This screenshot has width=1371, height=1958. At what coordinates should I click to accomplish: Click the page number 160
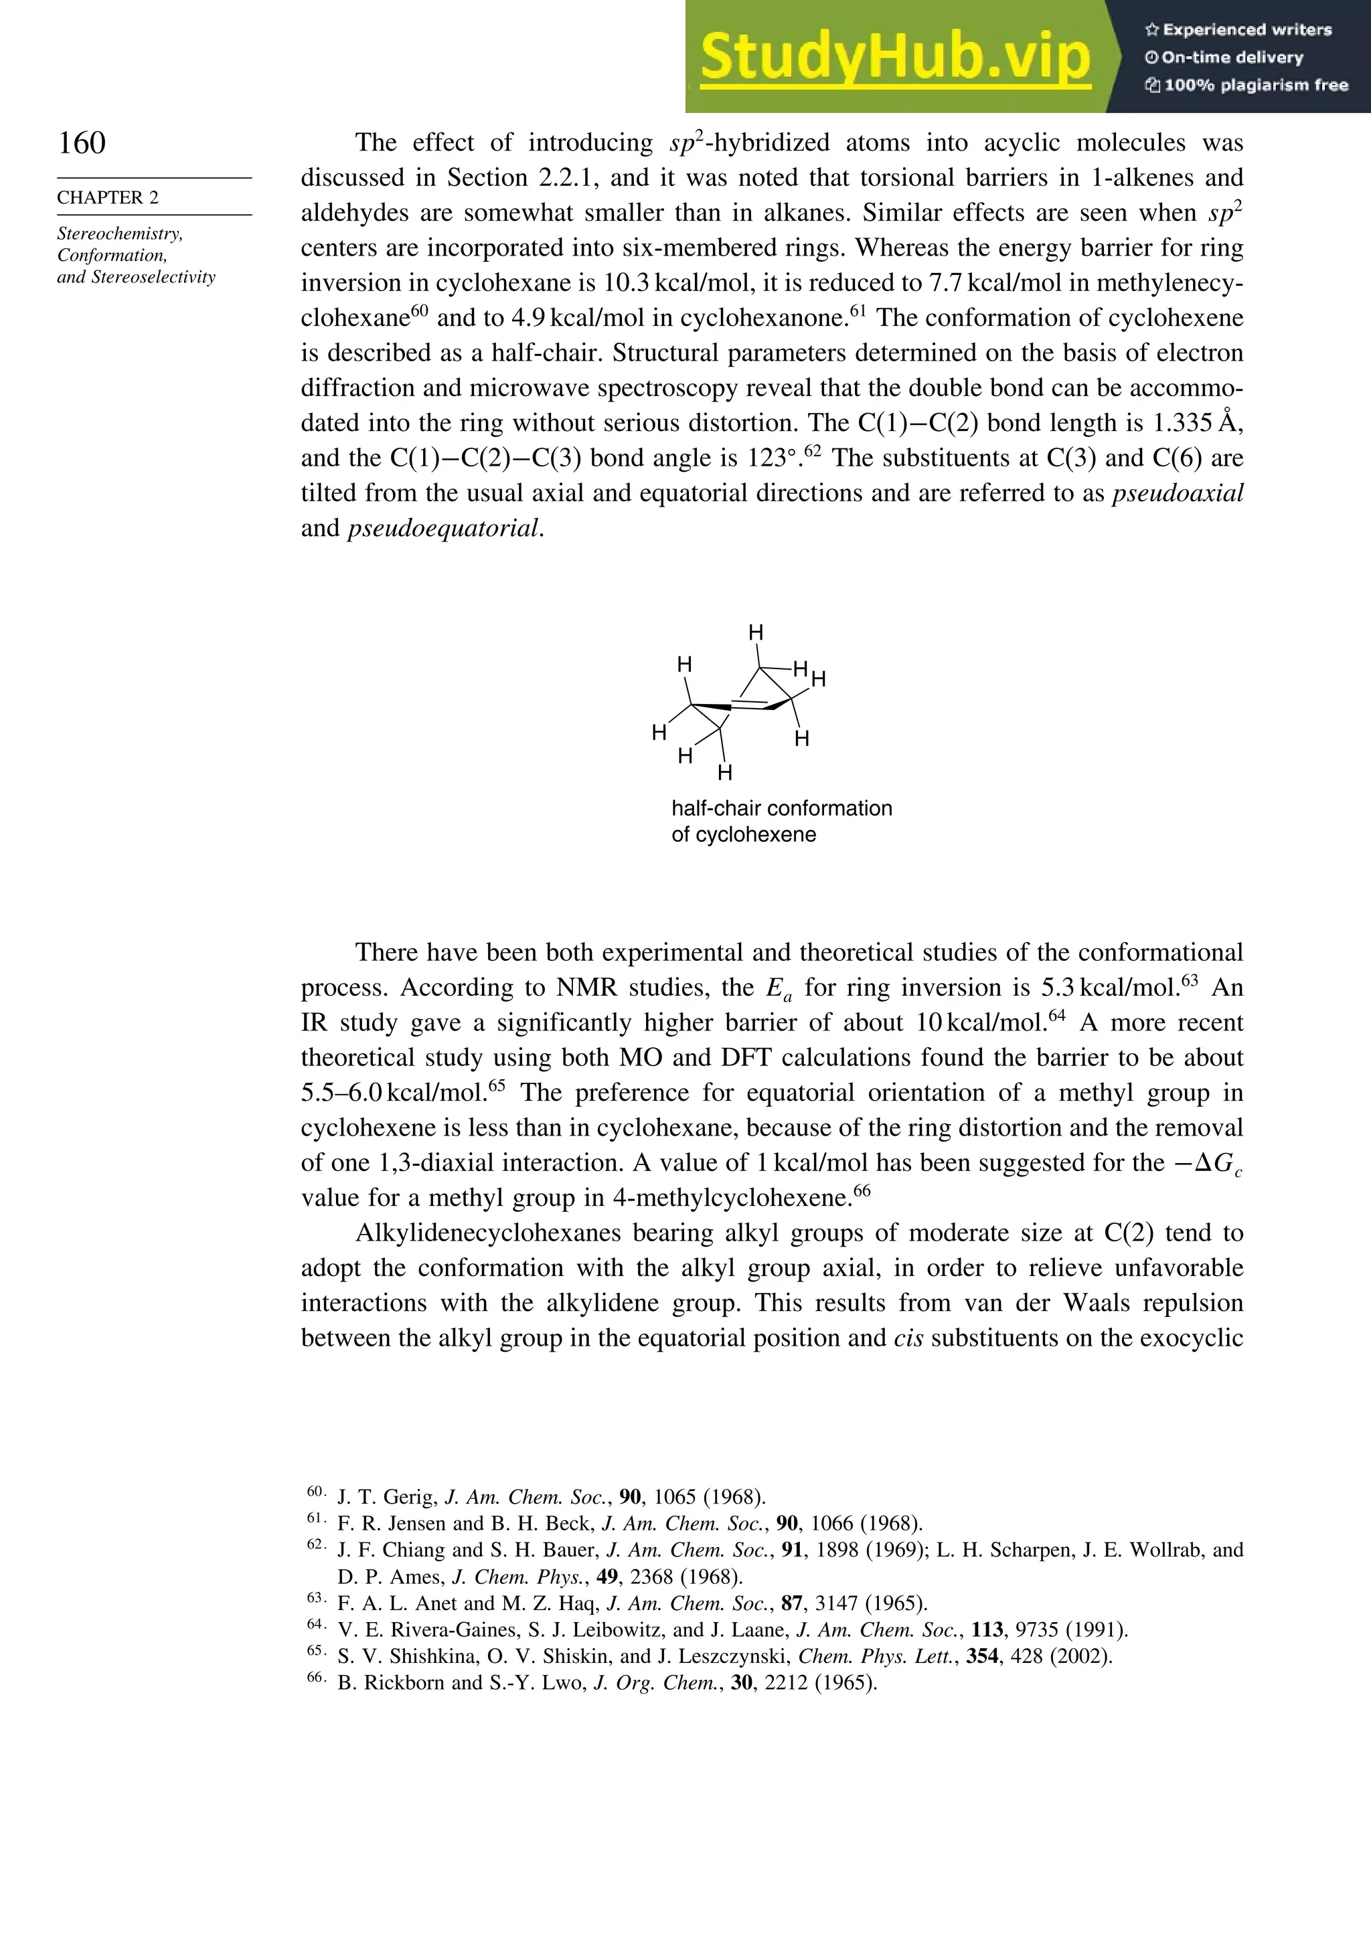(82, 143)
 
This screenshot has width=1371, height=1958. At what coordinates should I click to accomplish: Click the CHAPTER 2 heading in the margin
(108, 197)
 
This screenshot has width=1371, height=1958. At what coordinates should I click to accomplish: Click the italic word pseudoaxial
(1178, 493)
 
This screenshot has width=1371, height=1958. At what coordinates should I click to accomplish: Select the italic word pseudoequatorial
(444, 529)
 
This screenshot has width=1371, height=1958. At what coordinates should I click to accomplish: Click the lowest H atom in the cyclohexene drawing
(724, 773)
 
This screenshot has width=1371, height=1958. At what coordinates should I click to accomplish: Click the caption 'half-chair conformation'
(781, 808)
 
